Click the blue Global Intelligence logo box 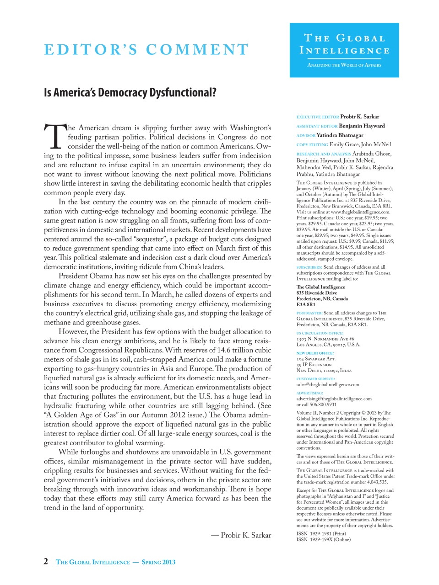click(x=344, y=50)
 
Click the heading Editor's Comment click(x=146, y=49)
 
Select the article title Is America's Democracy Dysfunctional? click(x=130, y=93)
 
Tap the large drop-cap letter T click(x=54, y=136)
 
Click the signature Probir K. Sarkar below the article click(x=246, y=535)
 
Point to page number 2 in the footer click(x=46, y=562)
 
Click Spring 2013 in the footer click(x=158, y=562)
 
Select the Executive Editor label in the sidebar click(x=317, y=117)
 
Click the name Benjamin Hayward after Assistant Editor click(x=362, y=126)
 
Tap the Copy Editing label click(x=312, y=144)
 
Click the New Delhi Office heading click(x=315, y=353)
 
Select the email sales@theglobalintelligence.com click(x=328, y=384)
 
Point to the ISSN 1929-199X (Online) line click(x=323, y=539)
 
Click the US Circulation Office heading click(x=320, y=333)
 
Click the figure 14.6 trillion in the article click(x=233, y=350)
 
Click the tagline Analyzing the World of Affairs click(x=344, y=65)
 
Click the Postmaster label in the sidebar click(x=309, y=313)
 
